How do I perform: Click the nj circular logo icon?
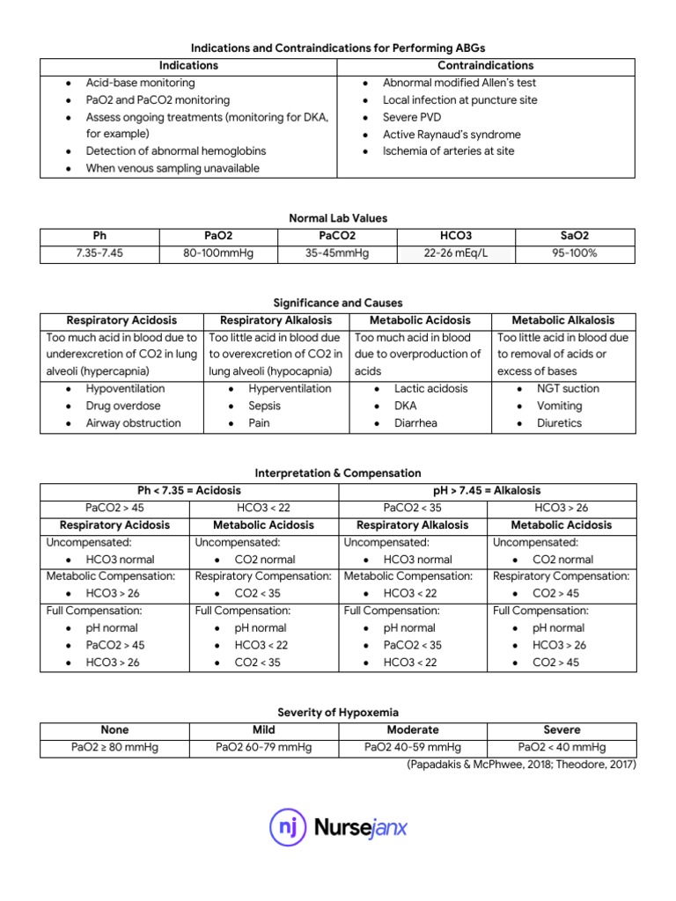click(x=287, y=827)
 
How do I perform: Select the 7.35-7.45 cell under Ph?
click(x=99, y=253)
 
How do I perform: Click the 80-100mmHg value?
click(x=218, y=253)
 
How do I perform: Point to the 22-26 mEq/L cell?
click(x=456, y=253)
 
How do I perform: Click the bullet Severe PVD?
click(x=412, y=117)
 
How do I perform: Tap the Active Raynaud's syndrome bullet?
click(x=452, y=135)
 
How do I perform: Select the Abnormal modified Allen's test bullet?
click(x=459, y=83)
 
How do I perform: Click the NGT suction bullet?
click(x=568, y=388)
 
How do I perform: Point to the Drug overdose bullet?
click(x=123, y=406)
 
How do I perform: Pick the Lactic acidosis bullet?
click(x=431, y=388)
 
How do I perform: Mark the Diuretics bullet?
click(x=560, y=422)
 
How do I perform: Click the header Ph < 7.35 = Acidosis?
click(x=189, y=490)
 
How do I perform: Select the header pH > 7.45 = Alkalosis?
click(x=487, y=490)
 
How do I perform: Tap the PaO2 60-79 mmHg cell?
click(x=263, y=747)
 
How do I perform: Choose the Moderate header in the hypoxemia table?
click(x=413, y=729)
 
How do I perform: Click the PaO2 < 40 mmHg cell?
click(x=562, y=747)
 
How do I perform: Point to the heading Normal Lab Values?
click(x=338, y=218)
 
